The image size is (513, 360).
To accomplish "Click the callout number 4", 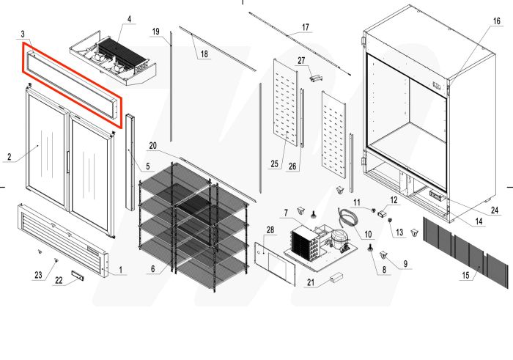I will [x=130, y=18].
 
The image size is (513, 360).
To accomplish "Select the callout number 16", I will [x=496, y=21].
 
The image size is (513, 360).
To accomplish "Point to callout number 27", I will [x=301, y=60].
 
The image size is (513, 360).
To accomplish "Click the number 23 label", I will [x=38, y=276].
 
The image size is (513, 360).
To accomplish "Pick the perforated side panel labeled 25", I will [x=285, y=110].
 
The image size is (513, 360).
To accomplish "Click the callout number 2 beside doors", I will [x=10, y=156].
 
